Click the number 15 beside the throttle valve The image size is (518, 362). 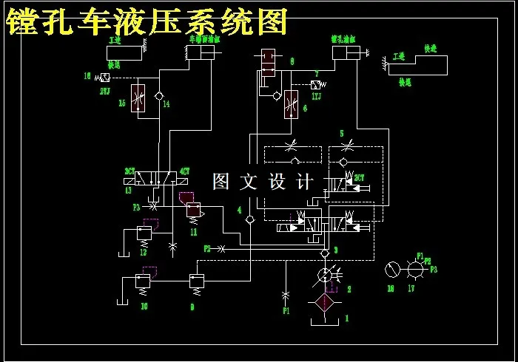click(123, 104)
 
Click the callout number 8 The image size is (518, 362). click(292, 61)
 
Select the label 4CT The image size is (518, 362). click(185, 171)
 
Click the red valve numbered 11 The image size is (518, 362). click(193, 212)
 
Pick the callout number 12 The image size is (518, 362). click(144, 253)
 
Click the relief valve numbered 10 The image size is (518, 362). click(143, 282)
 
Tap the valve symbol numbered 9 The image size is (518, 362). click(197, 281)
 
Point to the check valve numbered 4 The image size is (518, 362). click(250, 220)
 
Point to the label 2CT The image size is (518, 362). click(359, 177)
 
